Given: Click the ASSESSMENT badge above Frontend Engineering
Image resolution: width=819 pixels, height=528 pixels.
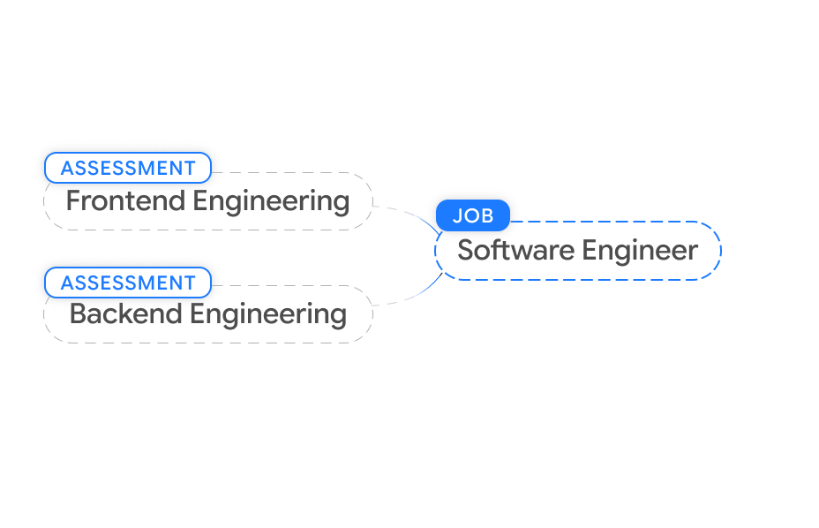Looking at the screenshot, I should pyautogui.click(x=128, y=168).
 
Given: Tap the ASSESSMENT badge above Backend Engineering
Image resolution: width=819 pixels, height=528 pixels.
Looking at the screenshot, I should pyautogui.click(x=128, y=283).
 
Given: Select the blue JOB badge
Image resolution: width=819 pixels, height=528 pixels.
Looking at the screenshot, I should pyautogui.click(x=473, y=215).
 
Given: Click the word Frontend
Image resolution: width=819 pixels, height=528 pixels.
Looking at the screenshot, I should pyautogui.click(x=125, y=201).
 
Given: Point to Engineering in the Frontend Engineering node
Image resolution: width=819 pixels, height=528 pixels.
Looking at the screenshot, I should pyautogui.click(x=271, y=201).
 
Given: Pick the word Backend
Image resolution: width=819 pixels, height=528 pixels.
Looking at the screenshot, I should pyautogui.click(x=126, y=314).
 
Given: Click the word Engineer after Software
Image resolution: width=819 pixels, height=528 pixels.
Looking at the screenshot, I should pyautogui.click(x=641, y=251).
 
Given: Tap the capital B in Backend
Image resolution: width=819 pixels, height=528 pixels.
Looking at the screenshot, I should pyautogui.click(x=77, y=314).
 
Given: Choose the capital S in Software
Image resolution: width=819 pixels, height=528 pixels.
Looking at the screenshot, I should pyautogui.click(x=465, y=251).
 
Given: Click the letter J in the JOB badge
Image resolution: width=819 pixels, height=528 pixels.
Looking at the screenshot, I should pyautogui.click(x=457, y=215).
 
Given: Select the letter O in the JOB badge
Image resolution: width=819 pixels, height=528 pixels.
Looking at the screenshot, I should pyautogui.click(x=471, y=215).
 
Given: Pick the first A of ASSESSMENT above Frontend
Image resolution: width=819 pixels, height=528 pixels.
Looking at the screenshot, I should pyautogui.click(x=66, y=168).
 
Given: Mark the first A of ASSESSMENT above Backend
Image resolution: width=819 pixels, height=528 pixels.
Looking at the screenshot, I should pyautogui.click(x=66, y=283).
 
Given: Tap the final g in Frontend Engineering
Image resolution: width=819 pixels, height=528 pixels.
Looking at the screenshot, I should pyautogui.click(x=342, y=204).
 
